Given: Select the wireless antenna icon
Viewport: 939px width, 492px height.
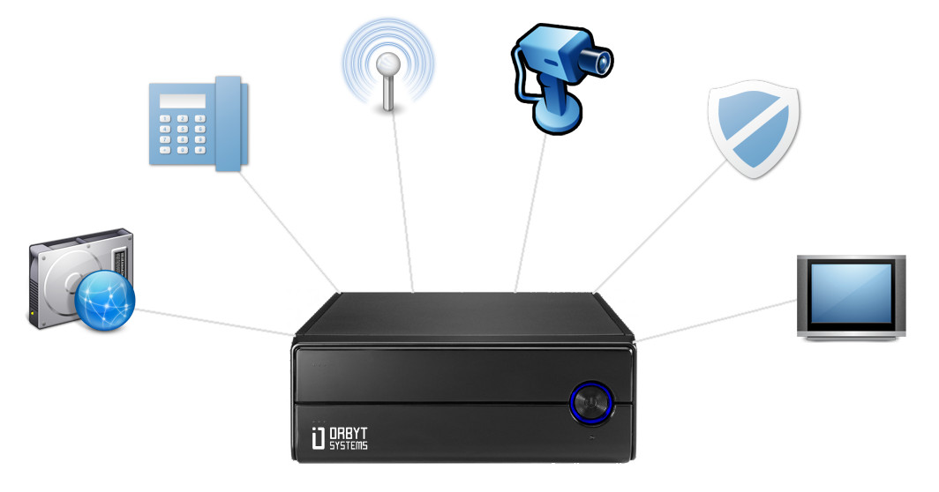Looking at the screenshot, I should (x=387, y=66).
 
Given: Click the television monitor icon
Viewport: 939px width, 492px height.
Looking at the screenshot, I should (x=850, y=296).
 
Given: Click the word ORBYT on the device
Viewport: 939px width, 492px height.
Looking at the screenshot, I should (x=347, y=434).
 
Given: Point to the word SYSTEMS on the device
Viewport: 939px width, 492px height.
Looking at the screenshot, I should (x=347, y=446).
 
